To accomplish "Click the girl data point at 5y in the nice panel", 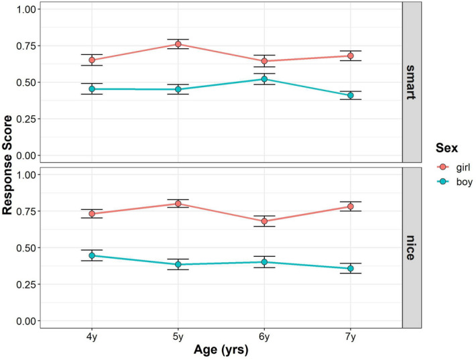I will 178,204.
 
